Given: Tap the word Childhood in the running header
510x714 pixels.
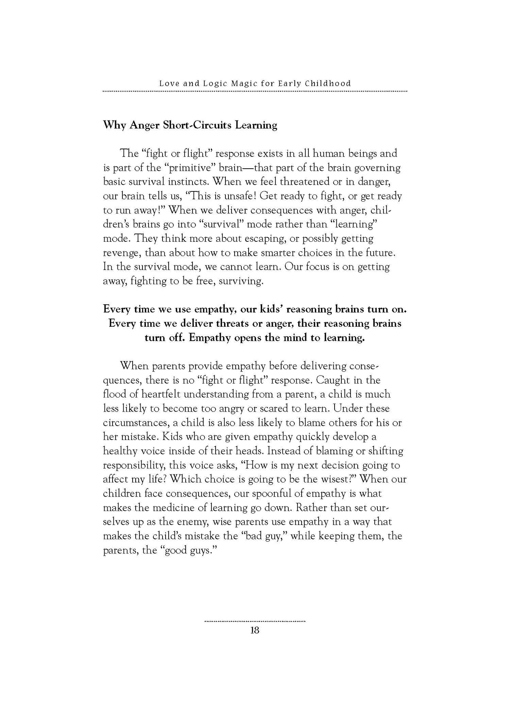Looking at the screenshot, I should click(328, 83).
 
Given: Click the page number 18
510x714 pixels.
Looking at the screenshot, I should click(255, 630).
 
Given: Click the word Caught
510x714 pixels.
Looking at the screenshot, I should click(333, 380).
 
